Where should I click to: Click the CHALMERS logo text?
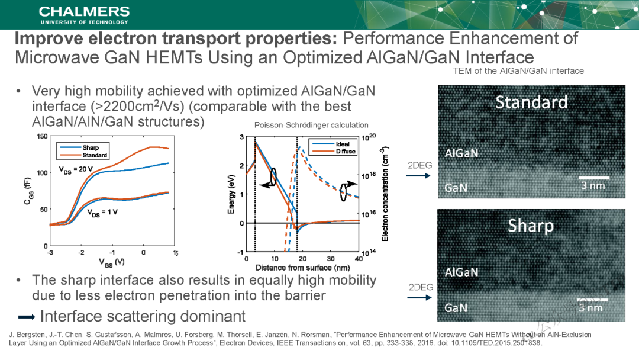[x=84, y=12]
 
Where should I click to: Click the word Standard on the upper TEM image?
[x=531, y=102]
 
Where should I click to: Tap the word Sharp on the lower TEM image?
[x=531, y=226]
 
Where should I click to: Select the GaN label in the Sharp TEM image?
[x=456, y=308]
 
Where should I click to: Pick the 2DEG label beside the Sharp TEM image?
[x=421, y=287]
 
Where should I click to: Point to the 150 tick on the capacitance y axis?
[x=43, y=137]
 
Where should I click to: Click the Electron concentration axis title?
[x=385, y=194]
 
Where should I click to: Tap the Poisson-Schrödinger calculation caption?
[x=311, y=125]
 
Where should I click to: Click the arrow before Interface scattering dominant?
[x=26, y=316]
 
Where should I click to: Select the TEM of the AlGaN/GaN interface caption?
[x=518, y=71]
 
